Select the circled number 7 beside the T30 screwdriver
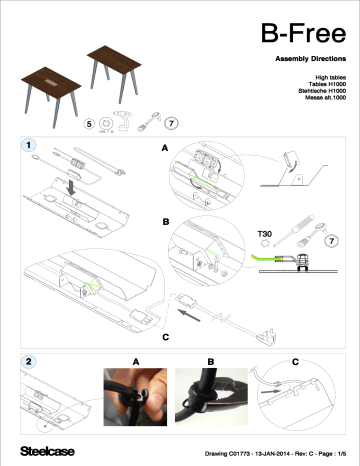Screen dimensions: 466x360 click(x=332, y=242)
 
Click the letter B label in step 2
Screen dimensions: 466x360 click(x=210, y=361)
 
